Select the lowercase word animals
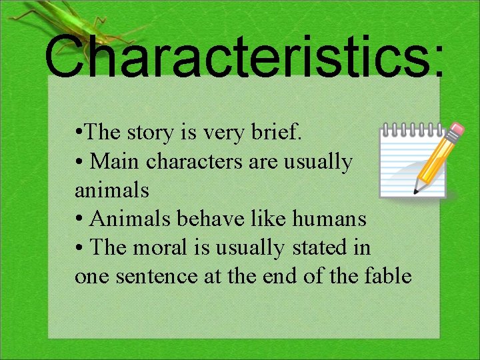pyautogui.click(x=112, y=190)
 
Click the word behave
pyautogui.click(x=201, y=219)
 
